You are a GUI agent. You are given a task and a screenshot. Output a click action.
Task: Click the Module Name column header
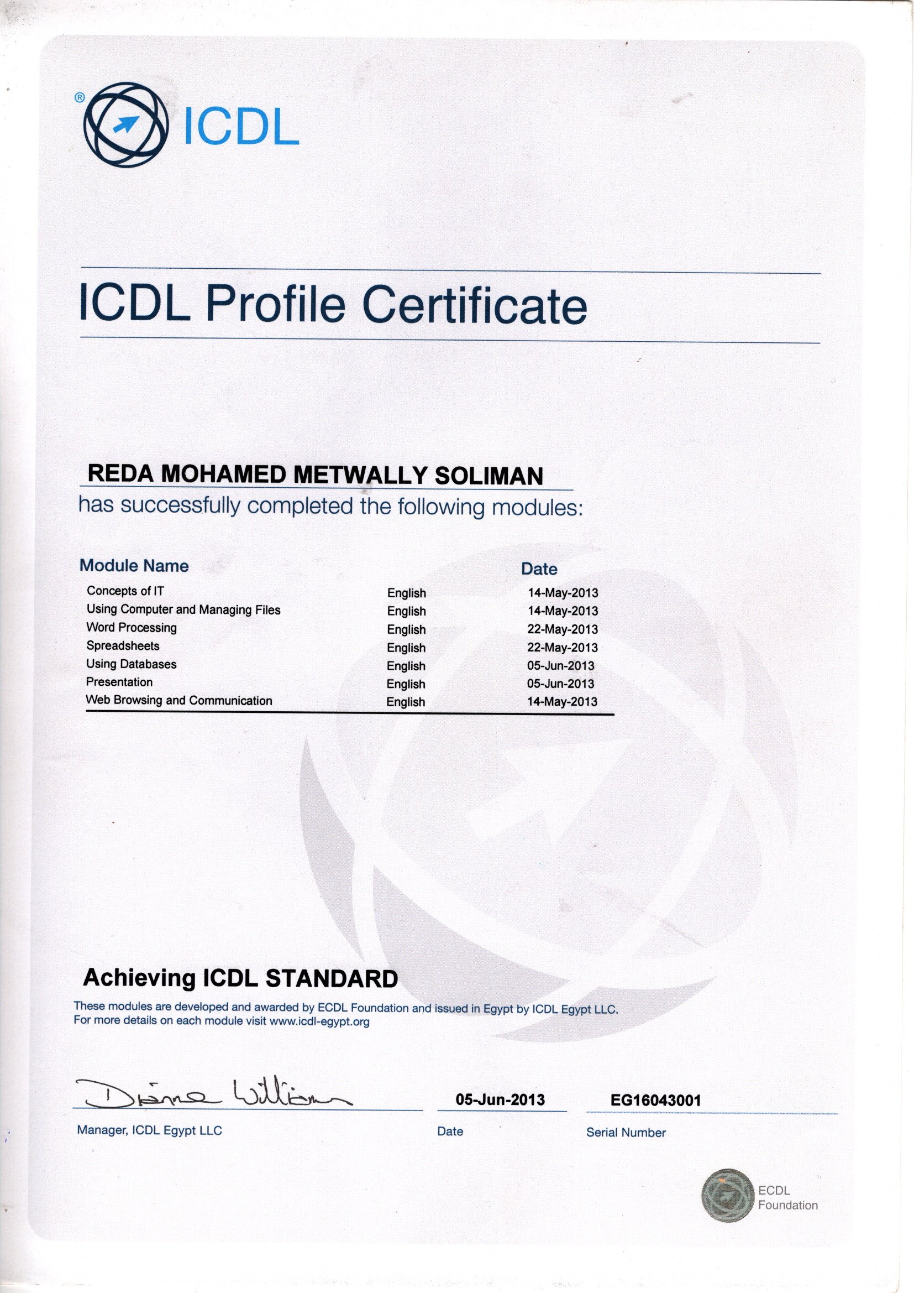(134, 565)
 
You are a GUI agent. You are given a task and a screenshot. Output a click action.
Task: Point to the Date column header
(539, 569)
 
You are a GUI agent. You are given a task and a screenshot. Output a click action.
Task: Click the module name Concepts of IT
(125, 591)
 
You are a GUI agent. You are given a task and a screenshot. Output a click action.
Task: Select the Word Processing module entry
(131, 627)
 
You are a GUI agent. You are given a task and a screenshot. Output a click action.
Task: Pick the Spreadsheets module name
(123, 646)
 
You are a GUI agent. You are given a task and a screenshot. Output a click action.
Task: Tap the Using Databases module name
(131, 664)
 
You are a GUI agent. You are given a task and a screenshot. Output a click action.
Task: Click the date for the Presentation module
(560, 684)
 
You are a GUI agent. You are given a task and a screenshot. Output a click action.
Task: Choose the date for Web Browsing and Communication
(561, 702)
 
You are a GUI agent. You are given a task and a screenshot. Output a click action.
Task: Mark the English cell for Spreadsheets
(406, 648)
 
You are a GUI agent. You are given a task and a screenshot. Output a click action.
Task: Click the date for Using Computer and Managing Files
(562, 611)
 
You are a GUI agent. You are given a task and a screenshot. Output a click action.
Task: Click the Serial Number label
(626, 1133)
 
